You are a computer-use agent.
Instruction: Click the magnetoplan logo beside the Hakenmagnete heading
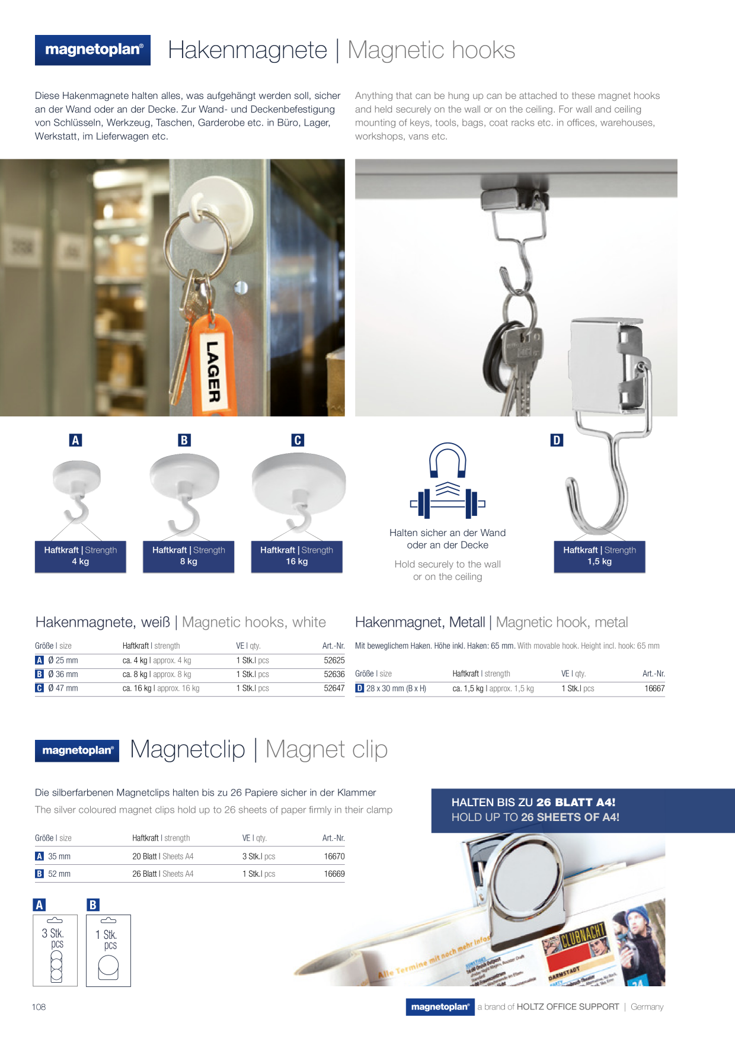coord(92,50)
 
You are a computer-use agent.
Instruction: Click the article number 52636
coord(334,674)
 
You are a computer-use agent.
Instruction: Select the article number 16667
coord(654,688)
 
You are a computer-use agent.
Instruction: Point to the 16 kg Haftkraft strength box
coord(297,556)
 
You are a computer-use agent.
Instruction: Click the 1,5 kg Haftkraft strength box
coord(599,556)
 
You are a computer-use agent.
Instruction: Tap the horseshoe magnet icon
coord(448,460)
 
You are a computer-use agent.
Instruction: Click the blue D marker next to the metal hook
coord(557,440)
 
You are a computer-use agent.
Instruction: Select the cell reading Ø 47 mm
coord(63,688)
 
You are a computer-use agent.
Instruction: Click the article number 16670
coord(334,857)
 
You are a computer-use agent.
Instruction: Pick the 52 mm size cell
coord(59,874)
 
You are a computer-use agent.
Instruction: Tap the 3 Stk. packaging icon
coord(55,950)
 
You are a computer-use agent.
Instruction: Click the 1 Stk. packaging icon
coord(108,950)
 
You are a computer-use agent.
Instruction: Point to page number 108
coord(39,1007)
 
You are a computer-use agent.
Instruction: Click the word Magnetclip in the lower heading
coord(187,749)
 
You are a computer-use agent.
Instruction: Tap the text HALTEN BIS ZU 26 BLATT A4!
coord(533,803)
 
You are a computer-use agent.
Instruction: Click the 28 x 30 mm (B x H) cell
coord(396,688)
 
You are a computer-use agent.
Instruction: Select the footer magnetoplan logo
coord(440,1007)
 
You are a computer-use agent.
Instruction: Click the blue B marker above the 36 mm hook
coord(184,440)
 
